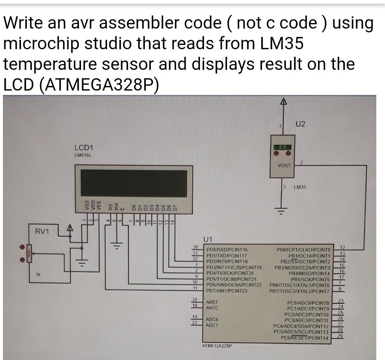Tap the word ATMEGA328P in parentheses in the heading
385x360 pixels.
click(x=98, y=85)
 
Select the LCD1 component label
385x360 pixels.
click(x=84, y=148)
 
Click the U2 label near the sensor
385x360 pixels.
click(x=300, y=124)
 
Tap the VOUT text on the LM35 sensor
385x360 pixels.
click(x=284, y=165)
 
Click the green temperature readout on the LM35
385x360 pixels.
click(x=282, y=147)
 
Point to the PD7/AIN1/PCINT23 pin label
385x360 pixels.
click(x=227, y=291)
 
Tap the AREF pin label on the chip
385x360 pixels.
click(x=212, y=302)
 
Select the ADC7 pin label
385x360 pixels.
click(x=212, y=325)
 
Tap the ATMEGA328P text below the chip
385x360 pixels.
click(x=216, y=346)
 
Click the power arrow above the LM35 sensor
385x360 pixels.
click(x=284, y=103)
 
